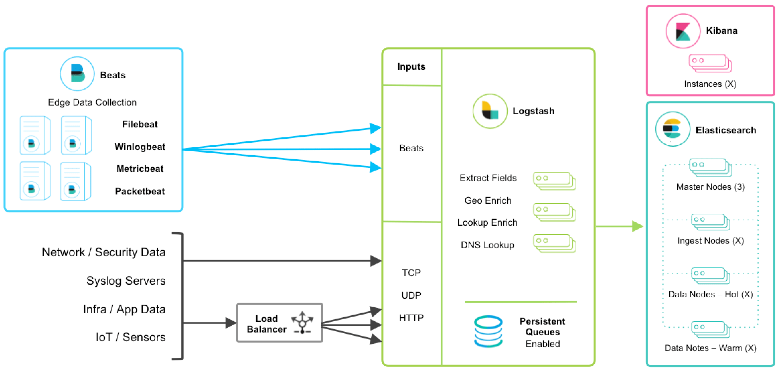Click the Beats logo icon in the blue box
point(77,74)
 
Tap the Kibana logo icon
point(683,31)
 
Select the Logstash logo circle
point(490,111)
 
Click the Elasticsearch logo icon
point(672,129)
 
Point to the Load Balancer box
point(279,323)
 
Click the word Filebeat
point(140,124)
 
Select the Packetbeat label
point(140,191)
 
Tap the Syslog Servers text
point(126,281)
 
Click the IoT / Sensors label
point(130,337)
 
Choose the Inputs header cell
point(411,67)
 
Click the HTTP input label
point(411,318)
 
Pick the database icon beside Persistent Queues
point(488,331)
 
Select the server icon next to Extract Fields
point(554,181)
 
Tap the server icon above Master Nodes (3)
point(710,167)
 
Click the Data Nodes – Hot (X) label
point(710,294)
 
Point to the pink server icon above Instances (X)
point(710,63)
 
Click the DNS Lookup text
point(487,245)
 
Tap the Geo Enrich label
point(488,200)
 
